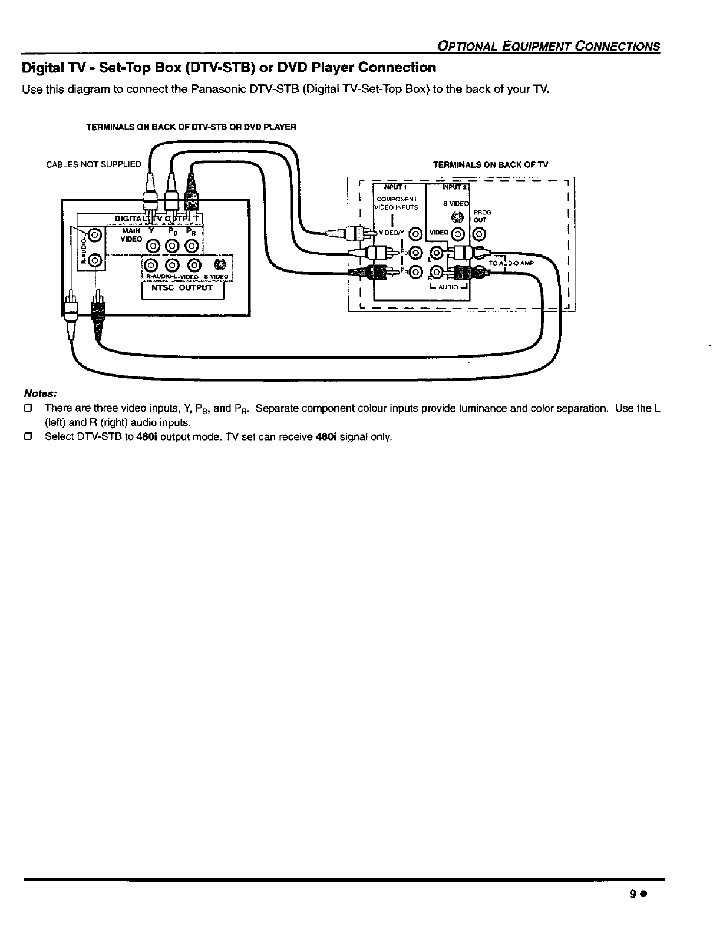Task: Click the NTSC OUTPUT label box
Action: (x=183, y=291)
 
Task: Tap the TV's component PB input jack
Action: (x=415, y=253)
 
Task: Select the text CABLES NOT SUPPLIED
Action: (x=94, y=164)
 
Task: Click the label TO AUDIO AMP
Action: (x=511, y=263)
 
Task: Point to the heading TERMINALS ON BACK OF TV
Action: (x=490, y=165)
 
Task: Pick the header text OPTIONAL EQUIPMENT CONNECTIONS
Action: (x=546, y=47)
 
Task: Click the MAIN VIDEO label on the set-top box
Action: (x=131, y=235)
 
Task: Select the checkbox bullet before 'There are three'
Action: (x=27, y=408)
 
